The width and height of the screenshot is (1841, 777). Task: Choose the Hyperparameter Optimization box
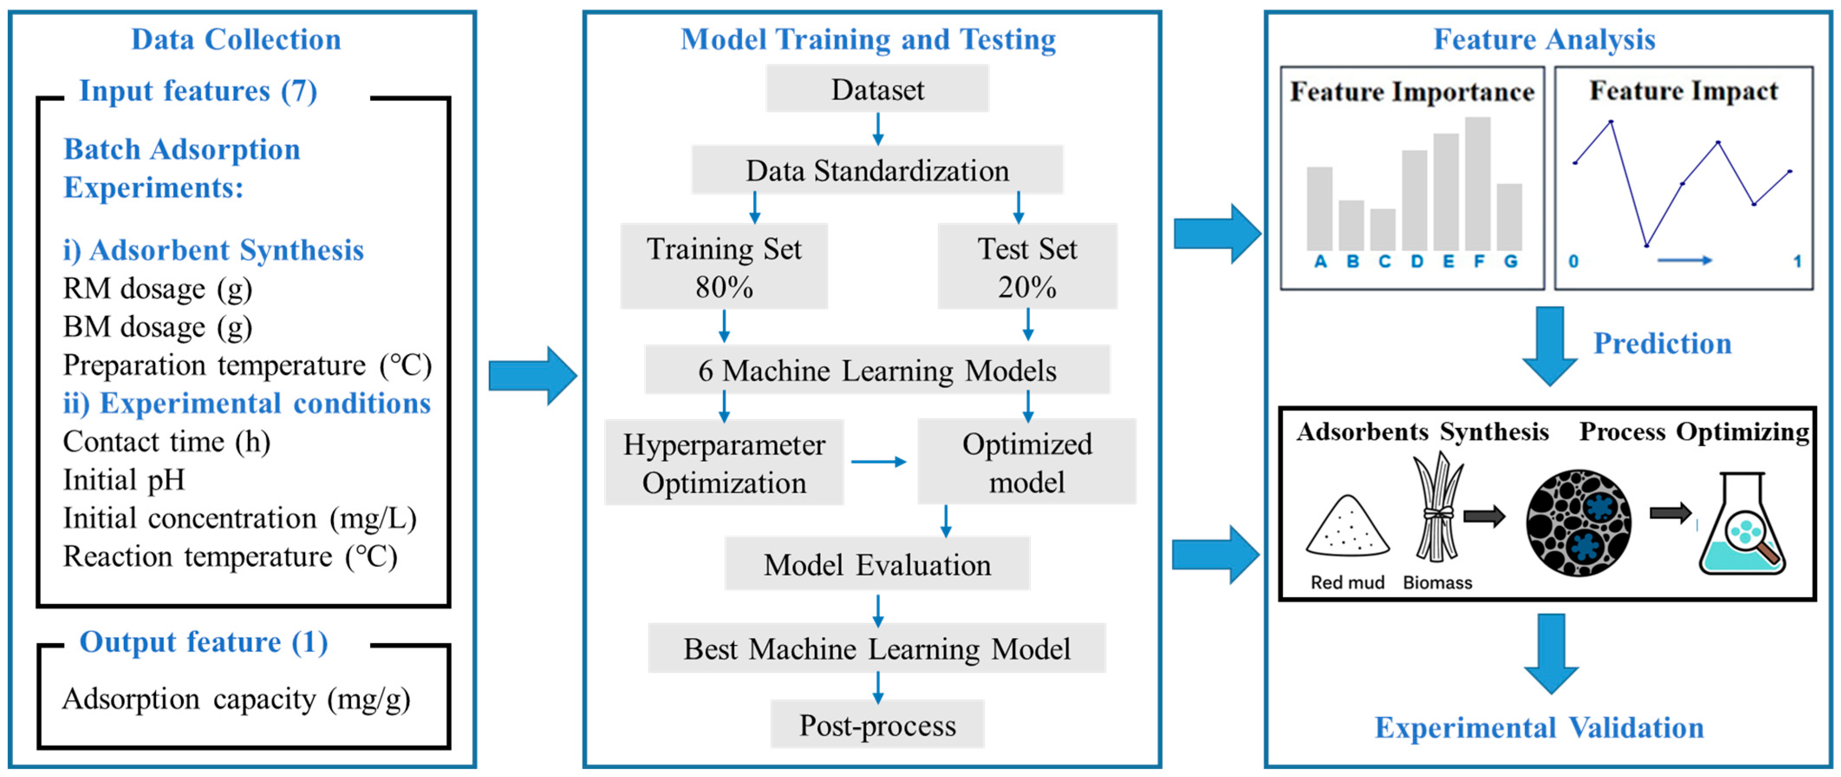(724, 463)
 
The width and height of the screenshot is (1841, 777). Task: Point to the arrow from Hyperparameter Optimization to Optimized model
(879, 462)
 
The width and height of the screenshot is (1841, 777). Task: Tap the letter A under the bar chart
(1320, 262)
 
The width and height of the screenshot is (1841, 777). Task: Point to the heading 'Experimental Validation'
(1539, 728)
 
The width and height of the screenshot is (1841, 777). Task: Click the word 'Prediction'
(1662, 343)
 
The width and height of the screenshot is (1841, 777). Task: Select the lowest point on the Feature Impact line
(1646, 246)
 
